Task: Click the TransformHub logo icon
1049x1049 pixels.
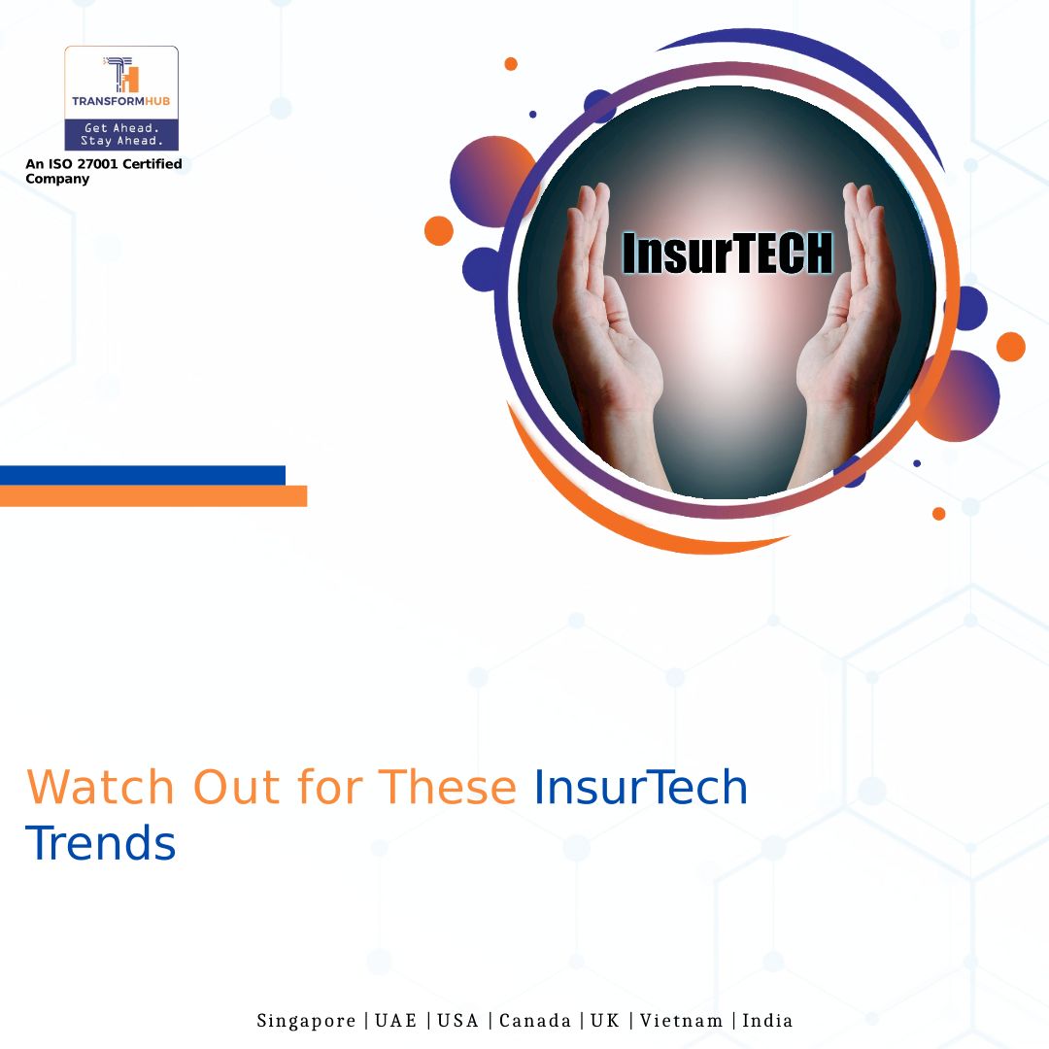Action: coord(121,74)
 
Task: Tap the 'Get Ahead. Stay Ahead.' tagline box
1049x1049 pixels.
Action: coord(121,134)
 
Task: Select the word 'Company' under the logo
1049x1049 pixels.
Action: coord(57,179)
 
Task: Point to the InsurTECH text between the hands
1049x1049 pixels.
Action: coord(728,253)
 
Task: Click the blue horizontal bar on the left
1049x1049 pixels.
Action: coord(143,475)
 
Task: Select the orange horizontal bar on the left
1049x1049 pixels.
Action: coord(153,495)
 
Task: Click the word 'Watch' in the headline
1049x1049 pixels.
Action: coord(100,787)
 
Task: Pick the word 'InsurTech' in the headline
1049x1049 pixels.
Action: coord(640,787)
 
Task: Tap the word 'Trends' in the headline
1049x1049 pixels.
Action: coord(100,843)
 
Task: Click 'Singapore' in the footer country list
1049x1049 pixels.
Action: coord(306,1021)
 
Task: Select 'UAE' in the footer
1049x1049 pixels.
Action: coord(396,1020)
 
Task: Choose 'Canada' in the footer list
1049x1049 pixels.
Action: coord(535,1020)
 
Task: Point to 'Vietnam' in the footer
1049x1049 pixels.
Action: coord(682,1020)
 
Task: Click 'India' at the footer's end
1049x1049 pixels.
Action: coord(767,1020)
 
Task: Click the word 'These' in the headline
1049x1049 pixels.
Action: coord(448,787)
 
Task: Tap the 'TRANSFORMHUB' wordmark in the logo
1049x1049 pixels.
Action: coord(121,102)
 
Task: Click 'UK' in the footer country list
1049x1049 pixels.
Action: coord(605,1020)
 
